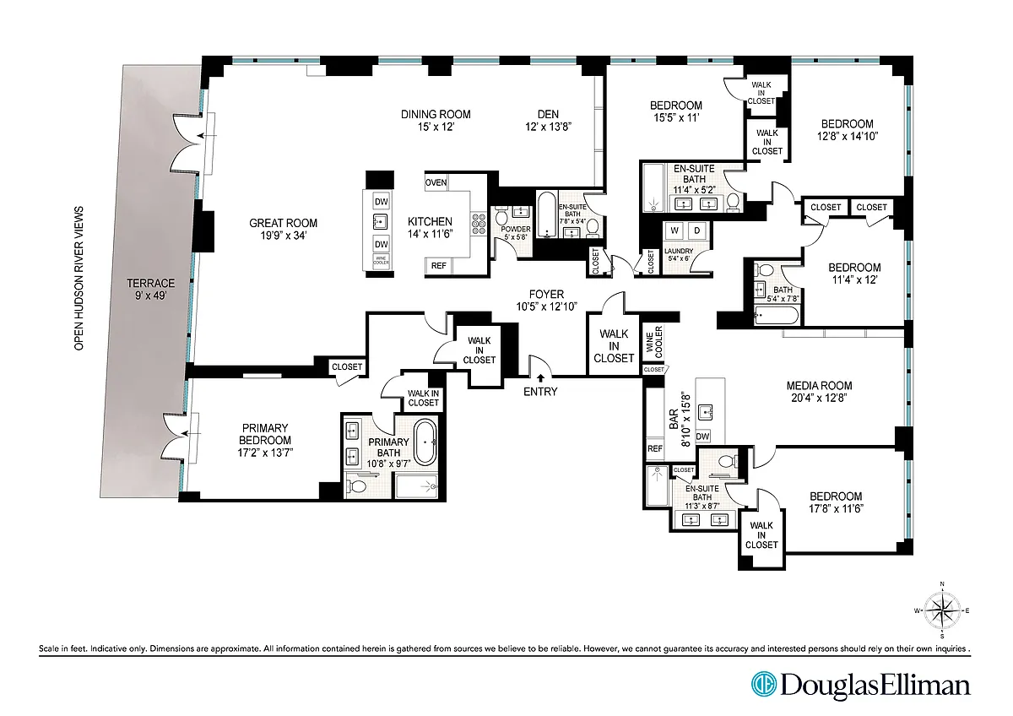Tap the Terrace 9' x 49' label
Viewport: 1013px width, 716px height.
coord(150,289)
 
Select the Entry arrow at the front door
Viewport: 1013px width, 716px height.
coord(540,378)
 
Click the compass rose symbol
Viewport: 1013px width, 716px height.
coord(942,610)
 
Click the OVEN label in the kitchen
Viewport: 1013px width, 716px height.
coord(436,182)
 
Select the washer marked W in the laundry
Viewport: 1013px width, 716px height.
coord(674,231)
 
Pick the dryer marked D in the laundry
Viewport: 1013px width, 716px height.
coord(697,231)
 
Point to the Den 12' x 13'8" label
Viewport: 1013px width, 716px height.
coord(548,120)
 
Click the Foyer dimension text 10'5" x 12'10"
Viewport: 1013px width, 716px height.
coord(546,306)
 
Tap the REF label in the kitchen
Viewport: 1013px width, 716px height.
coord(438,266)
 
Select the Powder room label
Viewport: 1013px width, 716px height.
coord(516,230)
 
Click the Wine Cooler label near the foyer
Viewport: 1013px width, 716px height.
coord(654,342)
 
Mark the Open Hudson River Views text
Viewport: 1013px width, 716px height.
coord(79,278)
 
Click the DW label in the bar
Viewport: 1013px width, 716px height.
coord(702,437)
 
